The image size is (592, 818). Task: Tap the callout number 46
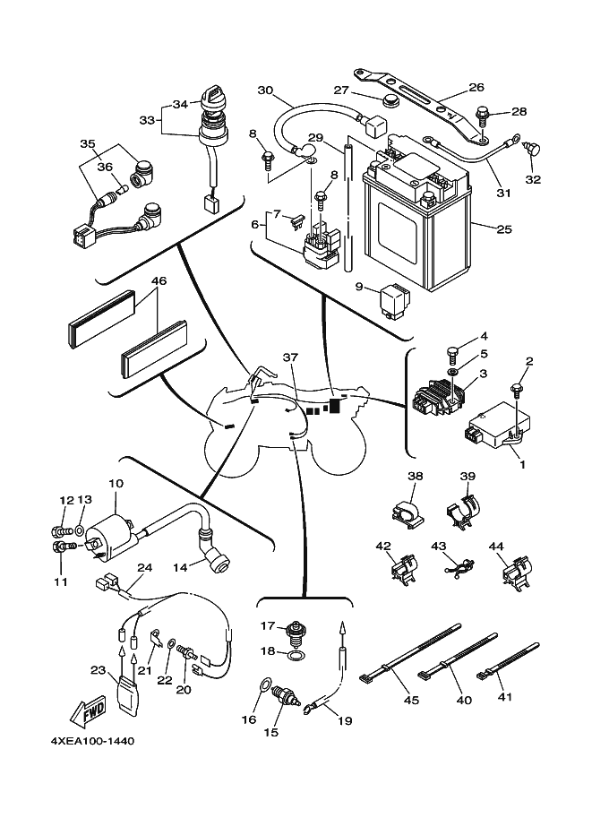click(x=159, y=281)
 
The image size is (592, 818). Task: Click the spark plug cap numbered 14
click(x=216, y=562)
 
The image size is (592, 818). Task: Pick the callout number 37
click(x=289, y=357)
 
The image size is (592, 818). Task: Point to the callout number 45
click(x=413, y=701)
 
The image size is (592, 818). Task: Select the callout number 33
click(x=146, y=119)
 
